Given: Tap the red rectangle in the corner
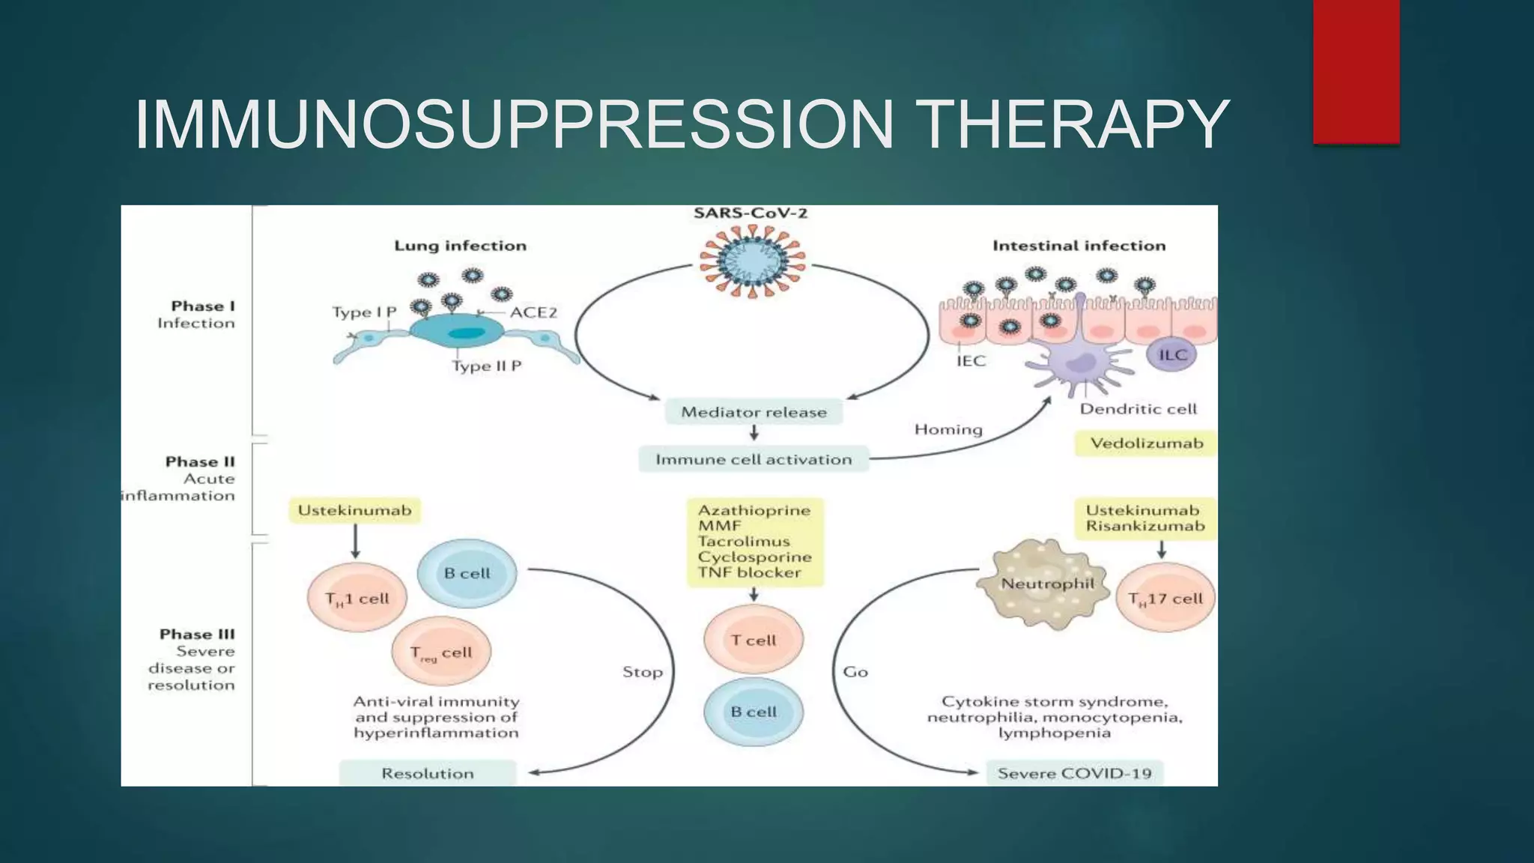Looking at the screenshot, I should tap(1356, 71).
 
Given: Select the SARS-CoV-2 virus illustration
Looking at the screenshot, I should tap(752, 260).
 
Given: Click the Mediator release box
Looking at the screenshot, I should tap(754, 412).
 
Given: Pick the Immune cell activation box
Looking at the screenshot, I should tap(754, 459).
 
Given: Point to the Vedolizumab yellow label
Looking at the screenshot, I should tap(1146, 443).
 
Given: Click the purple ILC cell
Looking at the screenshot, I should tap(1172, 355).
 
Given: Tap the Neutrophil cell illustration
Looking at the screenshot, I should tap(1045, 589).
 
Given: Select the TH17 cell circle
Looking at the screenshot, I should tap(1165, 599).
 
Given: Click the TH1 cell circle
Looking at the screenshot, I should tap(357, 599).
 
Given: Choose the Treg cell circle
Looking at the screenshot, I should tap(441, 652).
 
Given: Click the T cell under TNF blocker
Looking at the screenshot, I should tap(754, 640).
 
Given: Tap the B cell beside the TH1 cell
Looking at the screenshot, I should tap(467, 573).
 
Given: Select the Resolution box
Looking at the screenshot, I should tap(428, 773).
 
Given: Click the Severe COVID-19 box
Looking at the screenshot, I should tap(1074, 773).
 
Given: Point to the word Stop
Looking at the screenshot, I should tap(643, 672).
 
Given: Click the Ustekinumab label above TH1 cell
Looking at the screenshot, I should tap(354, 511).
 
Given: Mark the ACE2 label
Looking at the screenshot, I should tap(533, 312).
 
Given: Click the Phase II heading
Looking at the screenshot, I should tap(200, 461).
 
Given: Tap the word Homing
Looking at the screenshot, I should tap(948, 429).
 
